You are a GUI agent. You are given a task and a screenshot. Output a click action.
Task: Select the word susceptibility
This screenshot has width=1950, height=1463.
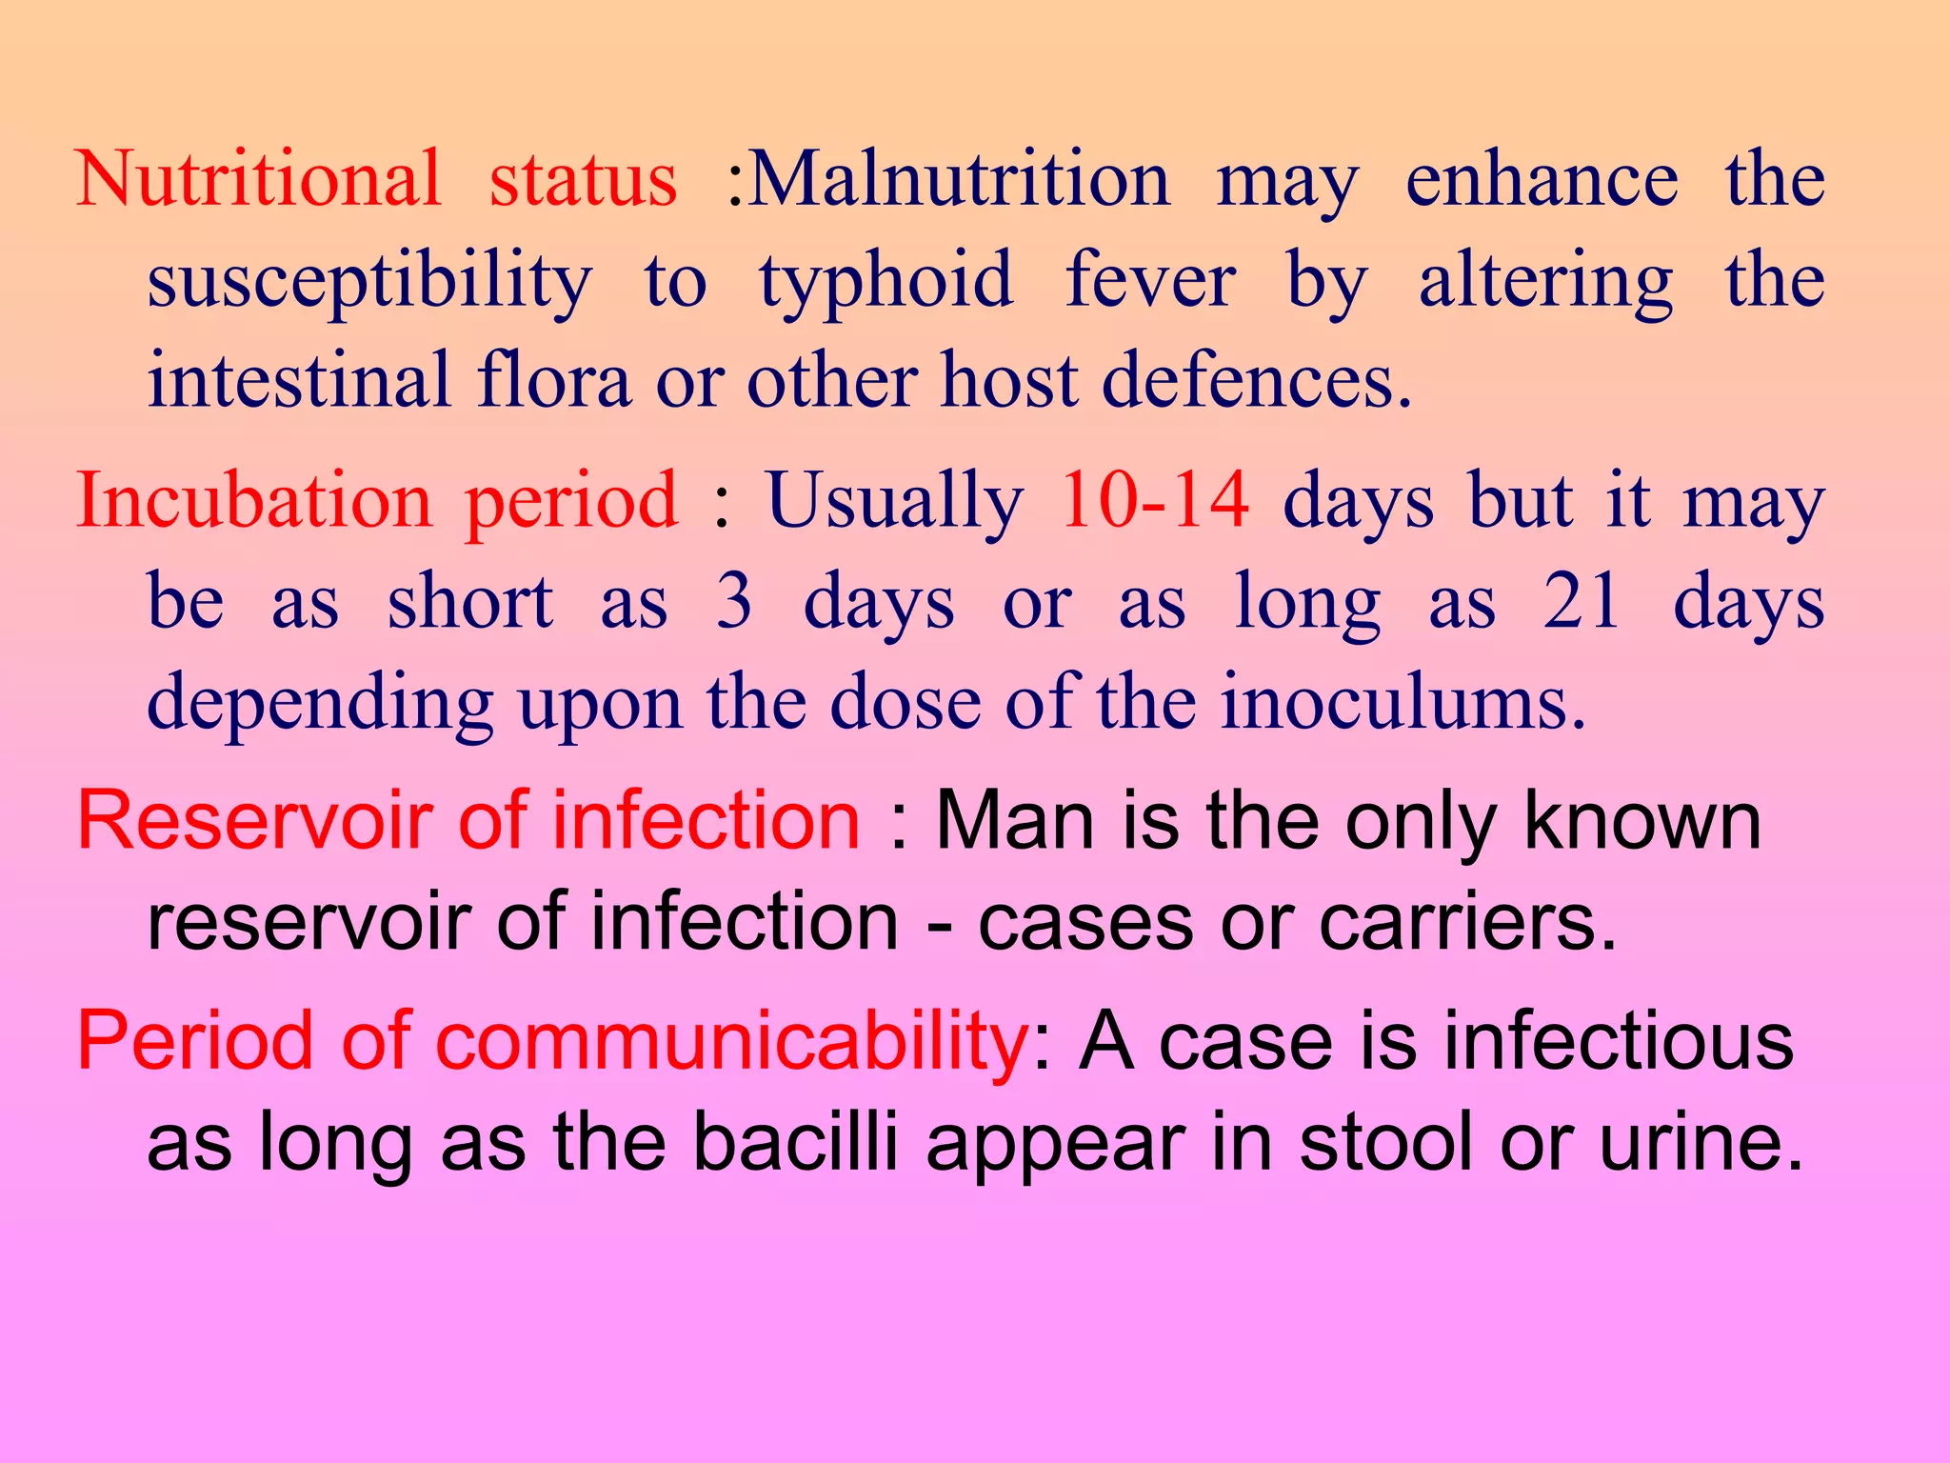point(369,282)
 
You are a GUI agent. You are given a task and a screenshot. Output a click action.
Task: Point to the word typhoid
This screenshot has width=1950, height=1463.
point(885,282)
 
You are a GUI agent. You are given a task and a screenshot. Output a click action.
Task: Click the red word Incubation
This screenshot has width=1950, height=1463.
point(254,501)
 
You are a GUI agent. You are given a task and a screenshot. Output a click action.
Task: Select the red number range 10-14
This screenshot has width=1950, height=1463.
point(1155,501)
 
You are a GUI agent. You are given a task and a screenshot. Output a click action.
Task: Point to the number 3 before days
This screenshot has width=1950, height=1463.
point(734,602)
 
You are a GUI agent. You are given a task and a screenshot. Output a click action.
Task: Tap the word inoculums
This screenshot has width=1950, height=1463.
point(1403,703)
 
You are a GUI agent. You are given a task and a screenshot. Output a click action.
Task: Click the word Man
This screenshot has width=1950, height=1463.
point(1015,821)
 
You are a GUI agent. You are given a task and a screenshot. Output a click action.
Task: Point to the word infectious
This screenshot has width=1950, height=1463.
point(1619,1042)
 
